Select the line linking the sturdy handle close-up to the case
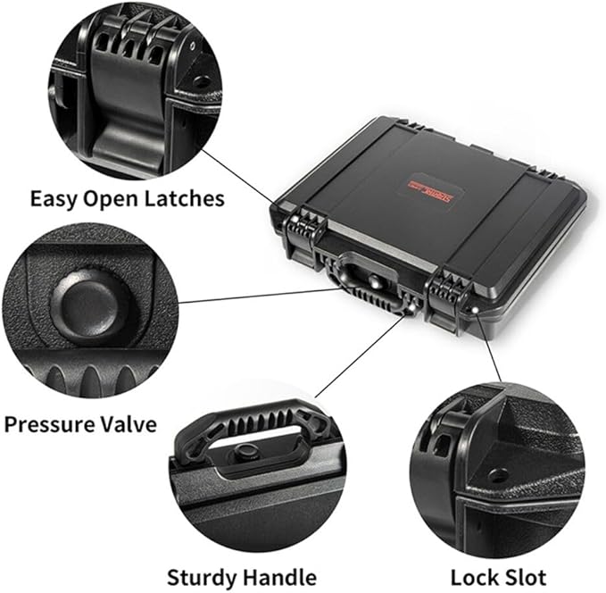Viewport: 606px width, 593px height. pos(357,357)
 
